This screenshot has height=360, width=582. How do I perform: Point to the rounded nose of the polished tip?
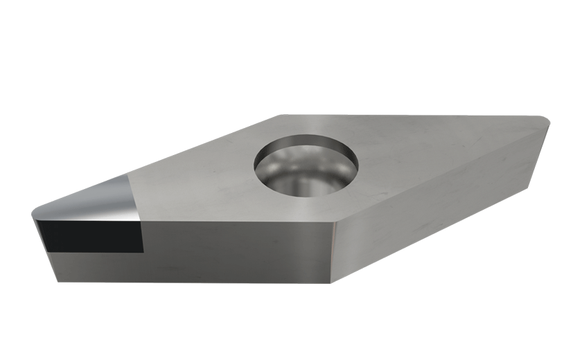36,212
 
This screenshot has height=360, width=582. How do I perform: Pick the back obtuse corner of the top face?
281,116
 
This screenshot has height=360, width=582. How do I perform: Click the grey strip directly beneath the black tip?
97,267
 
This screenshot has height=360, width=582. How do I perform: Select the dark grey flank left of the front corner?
236,249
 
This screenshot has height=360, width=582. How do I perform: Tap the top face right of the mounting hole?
430,159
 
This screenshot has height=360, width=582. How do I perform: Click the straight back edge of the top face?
416,116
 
